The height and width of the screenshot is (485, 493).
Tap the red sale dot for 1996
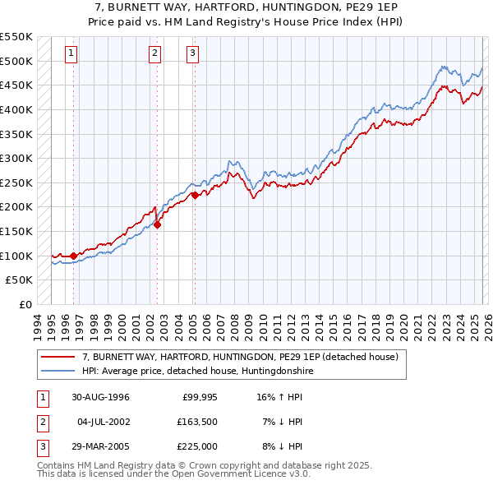point(74,256)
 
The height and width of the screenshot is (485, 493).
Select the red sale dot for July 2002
point(157,224)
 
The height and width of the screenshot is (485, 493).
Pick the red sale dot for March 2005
point(195,195)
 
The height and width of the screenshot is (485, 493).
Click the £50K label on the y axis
point(20,280)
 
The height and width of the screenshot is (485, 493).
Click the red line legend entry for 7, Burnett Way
point(240,357)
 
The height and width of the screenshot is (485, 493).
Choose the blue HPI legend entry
point(197,372)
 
